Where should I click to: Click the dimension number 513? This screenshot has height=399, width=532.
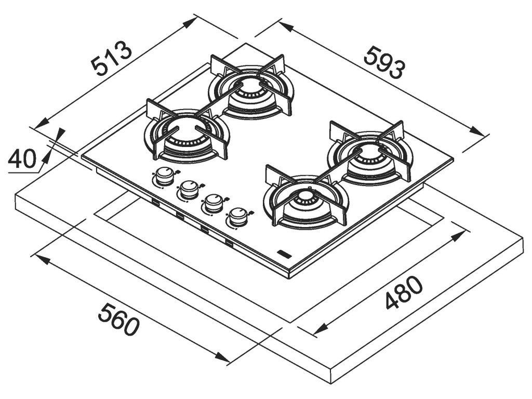coord(112,58)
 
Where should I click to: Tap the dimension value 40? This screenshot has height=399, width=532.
coord(22,158)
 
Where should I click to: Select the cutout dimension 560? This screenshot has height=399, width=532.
coord(118,320)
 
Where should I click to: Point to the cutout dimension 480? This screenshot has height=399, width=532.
coord(404,292)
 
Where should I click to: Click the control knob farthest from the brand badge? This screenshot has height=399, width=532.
coord(165,176)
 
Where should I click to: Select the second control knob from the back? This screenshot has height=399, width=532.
coord(189,190)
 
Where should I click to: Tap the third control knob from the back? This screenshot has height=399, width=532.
coord(214,203)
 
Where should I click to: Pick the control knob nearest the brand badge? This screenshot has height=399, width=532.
coord(238,217)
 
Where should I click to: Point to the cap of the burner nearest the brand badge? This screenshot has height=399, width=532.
coord(305,195)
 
